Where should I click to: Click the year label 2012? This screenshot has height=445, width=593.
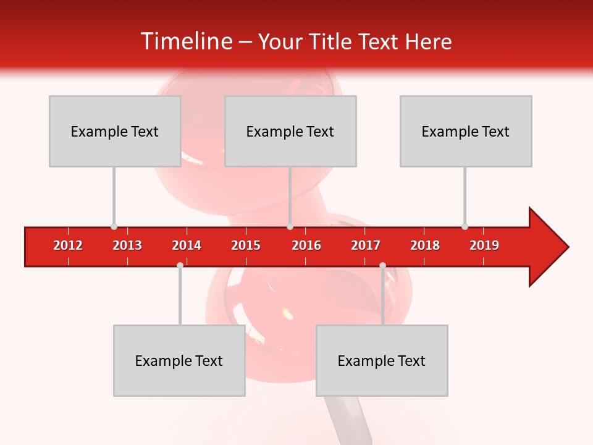pos(68,245)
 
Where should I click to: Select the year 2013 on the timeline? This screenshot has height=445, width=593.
pos(127,245)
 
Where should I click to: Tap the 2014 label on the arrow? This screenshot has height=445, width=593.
pos(187,245)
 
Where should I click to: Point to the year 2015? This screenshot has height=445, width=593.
pos(246,245)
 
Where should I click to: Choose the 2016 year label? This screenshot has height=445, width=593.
pos(306,245)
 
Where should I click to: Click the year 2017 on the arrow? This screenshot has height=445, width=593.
pos(366,245)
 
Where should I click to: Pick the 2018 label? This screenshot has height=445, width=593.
pos(425,245)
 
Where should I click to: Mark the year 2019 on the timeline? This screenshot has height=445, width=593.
pos(484,245)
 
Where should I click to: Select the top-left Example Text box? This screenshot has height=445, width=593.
pos(115,131)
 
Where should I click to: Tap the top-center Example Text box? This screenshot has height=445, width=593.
pos(290,131)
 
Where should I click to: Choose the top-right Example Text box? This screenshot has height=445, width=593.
pos(466,131)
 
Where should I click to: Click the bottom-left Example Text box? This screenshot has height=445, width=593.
pos(179,360)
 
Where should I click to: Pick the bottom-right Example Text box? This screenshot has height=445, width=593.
pos(382,360)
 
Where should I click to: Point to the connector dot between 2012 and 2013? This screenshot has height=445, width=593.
pos(114,227)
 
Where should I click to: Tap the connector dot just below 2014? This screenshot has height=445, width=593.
pos(180,265)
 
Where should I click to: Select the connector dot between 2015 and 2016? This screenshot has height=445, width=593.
pos(290,227)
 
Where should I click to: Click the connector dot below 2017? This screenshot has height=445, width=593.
pos(382,265)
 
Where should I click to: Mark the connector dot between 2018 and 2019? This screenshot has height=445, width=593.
pos(465,227)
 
